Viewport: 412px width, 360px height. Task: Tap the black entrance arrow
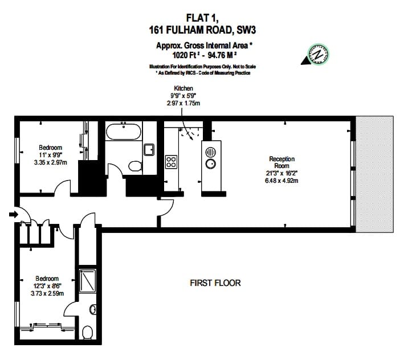(14, 215)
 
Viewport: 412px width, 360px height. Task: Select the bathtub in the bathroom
(124, 132)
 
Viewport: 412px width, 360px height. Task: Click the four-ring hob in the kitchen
(171, 162)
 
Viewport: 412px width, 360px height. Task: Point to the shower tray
(87, 281)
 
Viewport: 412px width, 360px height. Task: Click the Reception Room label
(282, 162)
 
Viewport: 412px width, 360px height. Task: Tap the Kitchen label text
(183, 88)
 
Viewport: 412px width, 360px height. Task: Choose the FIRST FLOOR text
(215, 283)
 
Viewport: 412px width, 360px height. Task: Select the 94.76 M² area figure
(222, 55)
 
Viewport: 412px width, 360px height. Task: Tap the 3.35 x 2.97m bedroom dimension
(51, 162)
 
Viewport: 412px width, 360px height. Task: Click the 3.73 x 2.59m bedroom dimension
(47, 293)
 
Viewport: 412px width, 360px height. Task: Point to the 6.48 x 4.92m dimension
(282, 181)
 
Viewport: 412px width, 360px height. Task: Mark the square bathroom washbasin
(149, 150)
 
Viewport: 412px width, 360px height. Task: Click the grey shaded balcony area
(375, 174)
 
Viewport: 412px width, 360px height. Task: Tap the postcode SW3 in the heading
(246, 30)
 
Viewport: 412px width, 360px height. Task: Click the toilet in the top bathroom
(136, 166)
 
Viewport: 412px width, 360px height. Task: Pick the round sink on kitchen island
(211, 163)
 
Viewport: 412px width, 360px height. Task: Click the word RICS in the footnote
(190, 73)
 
